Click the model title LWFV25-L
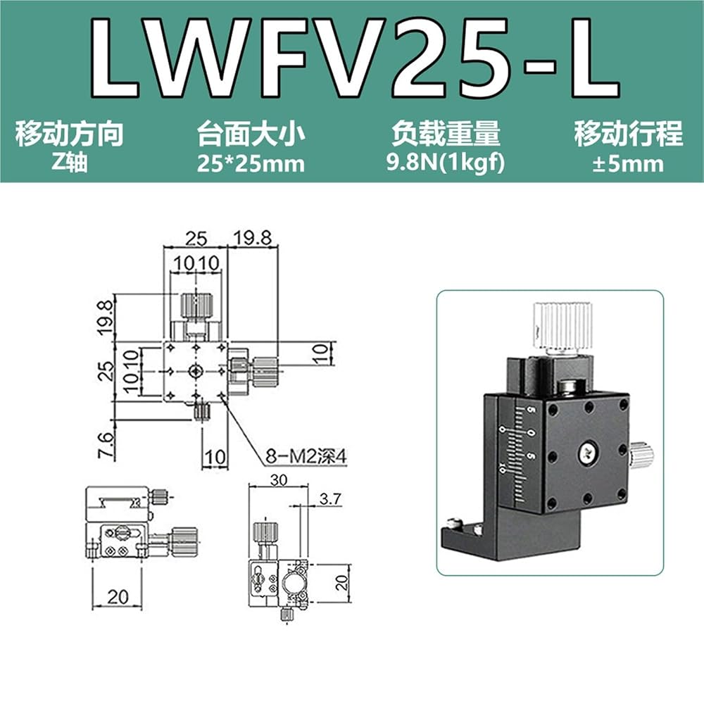click(356, 58)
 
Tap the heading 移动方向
click(70, 133)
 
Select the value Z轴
click(70, 163)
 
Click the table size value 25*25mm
click(251, 163)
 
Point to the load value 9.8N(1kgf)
click(446, 163)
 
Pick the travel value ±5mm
click(628, 163)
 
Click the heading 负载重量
click(446, 133)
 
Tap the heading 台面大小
click(251, 133)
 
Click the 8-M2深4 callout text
click(306, 457)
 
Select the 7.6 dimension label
click(106, 444)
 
